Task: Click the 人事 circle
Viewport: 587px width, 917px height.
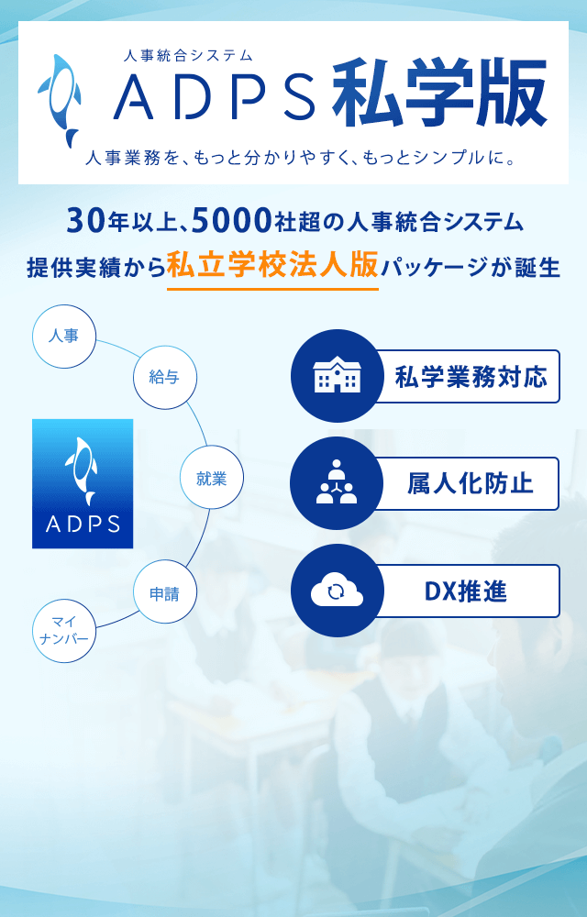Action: coord(63,337)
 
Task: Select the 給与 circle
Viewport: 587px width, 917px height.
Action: coord(164,377)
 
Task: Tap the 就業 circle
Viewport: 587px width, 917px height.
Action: coord(211,479)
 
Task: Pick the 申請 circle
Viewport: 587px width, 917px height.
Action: coord(164,594)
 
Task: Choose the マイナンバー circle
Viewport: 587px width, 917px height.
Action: coord(63,631)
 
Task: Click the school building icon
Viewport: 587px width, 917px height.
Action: coord(337,376)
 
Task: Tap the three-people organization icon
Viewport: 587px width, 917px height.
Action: coord(337,482)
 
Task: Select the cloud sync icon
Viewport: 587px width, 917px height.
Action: coord(337,591)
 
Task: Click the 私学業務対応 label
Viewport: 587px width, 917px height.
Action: coord(471,377)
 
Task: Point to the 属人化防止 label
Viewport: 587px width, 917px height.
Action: coord(471,484)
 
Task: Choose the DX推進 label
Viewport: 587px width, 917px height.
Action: coord(465,591)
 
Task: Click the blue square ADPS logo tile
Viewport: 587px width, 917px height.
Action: coord(83,483)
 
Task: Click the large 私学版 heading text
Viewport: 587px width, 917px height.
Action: coord(439,94)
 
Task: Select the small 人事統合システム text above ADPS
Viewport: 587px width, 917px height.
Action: coord(188,56)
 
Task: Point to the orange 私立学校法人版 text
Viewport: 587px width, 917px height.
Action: coord(272,266)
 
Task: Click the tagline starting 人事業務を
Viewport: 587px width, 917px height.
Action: coord(299,158)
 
